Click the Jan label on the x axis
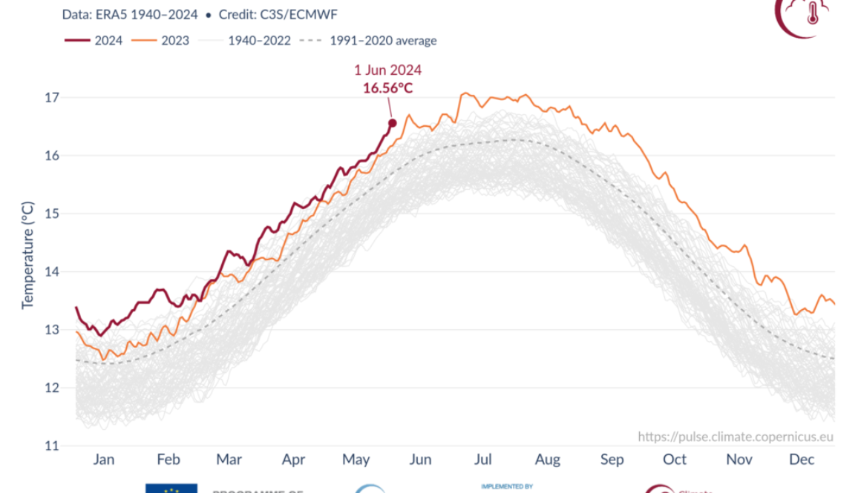(104, 460)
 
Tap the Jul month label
(484, 460)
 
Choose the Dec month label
(802, 460)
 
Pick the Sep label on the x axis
(612, 460)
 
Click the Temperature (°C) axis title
(28, 255)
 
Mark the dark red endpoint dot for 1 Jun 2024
(393, 123)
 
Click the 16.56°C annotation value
(387, 87)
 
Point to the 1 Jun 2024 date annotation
(387, 70)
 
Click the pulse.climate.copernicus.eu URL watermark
(736, 437)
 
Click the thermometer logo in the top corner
(811, 13)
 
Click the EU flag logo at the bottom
(171, 488)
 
